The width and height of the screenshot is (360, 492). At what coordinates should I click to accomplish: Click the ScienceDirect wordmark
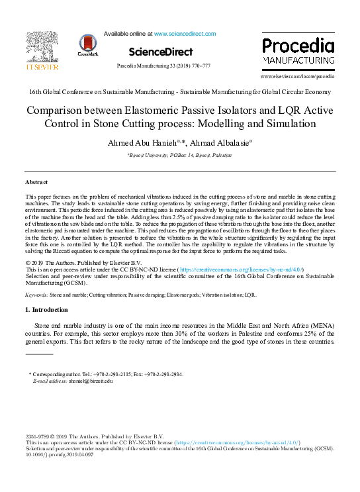pos(161,52)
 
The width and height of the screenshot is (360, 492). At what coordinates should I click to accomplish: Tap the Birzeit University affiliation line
pos(179,154)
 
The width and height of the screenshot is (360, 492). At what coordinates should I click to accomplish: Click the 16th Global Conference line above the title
pos(179,92)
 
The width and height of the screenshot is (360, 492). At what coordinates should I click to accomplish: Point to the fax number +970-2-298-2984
pos(161,374)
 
